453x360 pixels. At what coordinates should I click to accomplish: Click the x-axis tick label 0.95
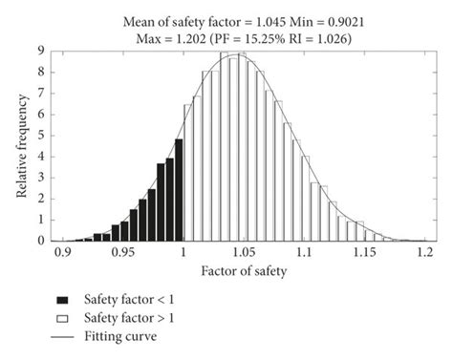tap(121, 254)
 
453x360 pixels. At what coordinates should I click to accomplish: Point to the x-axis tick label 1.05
tap(242, 254)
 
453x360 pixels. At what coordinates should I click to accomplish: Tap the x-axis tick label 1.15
tap(362, 254)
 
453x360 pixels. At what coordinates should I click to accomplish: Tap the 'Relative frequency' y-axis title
tap(21, 145)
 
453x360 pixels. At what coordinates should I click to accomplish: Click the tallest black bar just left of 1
tap(179, 189)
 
